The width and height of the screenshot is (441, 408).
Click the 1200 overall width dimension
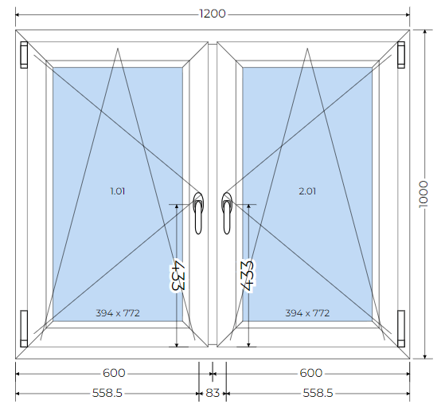pos(213,14)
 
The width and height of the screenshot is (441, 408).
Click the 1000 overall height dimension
pos(423,194)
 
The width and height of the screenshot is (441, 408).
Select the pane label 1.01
pos(118,191)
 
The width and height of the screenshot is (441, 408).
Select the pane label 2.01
pos(307,191)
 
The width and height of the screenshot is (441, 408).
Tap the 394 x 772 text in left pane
pos(118,313)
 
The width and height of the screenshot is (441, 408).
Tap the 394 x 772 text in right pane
pos(307,313)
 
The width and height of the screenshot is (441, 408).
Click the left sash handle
pos(198,213)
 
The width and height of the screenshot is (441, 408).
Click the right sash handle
pos(227,213)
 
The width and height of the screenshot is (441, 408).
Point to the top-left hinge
pos(24,55)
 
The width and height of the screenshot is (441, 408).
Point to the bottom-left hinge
pos(24,328)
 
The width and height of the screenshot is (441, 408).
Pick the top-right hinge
pos(401,55)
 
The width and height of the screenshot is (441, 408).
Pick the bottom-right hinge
pos(401,328)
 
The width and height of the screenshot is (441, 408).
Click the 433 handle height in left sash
pos(178,276)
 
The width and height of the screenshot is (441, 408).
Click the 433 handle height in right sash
pos(248,276)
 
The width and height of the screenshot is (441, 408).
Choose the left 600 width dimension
pos(114,373)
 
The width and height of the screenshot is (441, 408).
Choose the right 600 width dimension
pos(310,373)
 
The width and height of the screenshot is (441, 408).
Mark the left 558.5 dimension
pos(107,393)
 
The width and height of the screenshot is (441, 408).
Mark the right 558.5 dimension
pos(318,393)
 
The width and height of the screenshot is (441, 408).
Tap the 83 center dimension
pos(213,393)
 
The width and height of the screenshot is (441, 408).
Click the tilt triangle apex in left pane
pos(118,48)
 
